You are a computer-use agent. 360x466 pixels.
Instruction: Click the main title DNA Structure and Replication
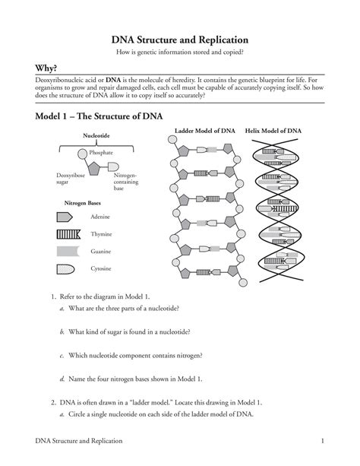point(180,39)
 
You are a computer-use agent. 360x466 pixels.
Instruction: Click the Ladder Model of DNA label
point(204,131)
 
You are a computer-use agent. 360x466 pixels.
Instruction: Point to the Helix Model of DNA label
point(273,131)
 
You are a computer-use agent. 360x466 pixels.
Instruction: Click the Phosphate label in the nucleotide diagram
point(101,153)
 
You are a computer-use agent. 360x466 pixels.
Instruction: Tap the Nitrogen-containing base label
point(125,181)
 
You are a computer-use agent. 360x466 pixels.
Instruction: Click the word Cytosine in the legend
point(103,268)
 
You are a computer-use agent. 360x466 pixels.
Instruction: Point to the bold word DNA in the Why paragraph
point(112,80)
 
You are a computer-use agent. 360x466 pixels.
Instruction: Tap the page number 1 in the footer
point(323,441)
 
